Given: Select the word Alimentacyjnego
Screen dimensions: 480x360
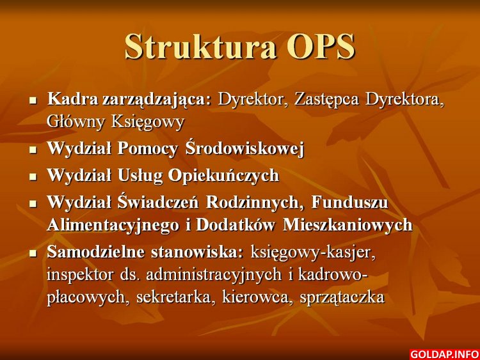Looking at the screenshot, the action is pos(113,226).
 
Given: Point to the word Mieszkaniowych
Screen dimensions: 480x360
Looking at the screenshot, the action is pos(348,226).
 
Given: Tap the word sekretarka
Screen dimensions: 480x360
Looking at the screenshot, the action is pos(174,297).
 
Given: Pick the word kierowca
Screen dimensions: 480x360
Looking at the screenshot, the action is pos(255,297).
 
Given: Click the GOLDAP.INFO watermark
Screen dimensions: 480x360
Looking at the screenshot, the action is pos(444,354).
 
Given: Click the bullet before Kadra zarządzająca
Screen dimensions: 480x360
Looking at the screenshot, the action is pos(33,100).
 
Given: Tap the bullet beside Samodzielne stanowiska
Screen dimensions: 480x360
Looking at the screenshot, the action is pos(33,253).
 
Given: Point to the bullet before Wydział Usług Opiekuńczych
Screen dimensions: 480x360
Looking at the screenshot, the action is pos(33,176).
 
